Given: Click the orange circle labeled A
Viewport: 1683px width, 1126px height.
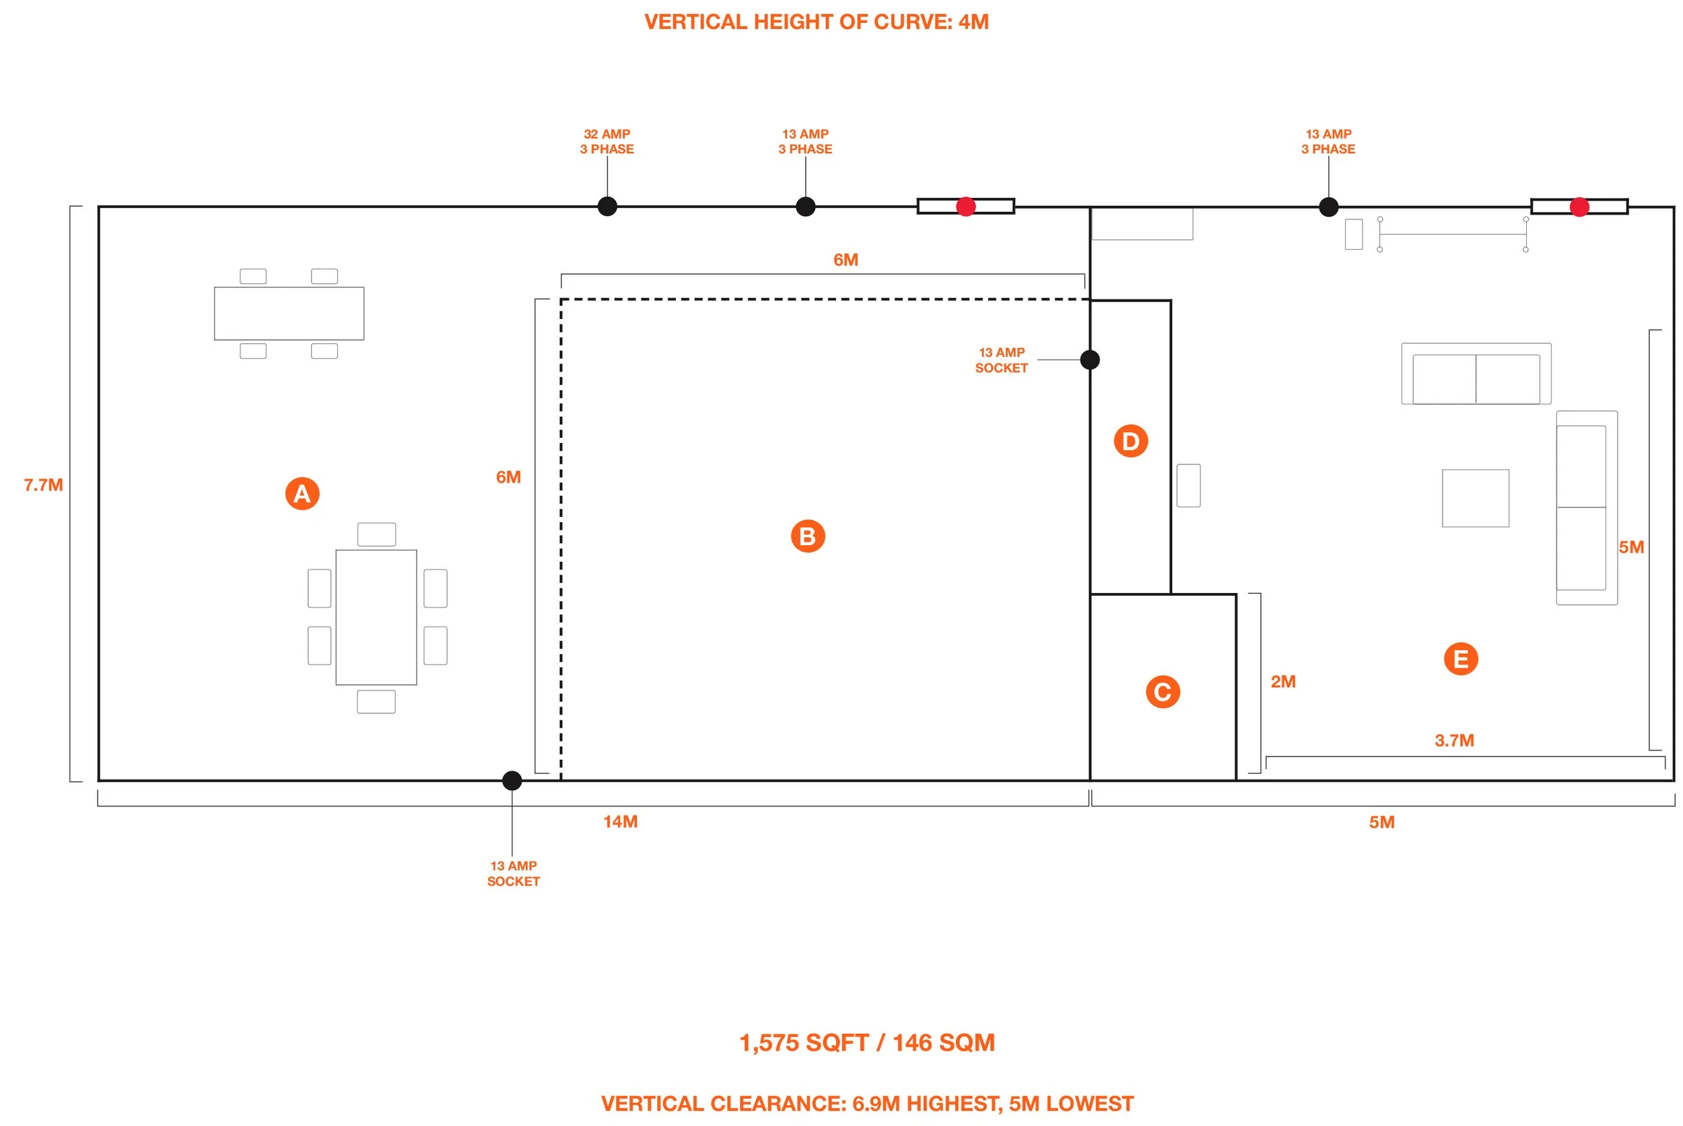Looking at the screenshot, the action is tap(302, 493).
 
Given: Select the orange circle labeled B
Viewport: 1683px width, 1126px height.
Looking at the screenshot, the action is tap(807, 536).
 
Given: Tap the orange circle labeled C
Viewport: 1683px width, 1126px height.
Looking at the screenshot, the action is tap(1162, 691).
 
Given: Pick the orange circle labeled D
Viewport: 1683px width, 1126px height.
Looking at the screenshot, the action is tap(1130, 441).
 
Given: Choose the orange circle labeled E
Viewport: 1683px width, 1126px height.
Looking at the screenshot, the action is tap(1460, 658).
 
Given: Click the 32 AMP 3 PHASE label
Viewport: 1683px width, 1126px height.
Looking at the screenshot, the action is tap(607, 141).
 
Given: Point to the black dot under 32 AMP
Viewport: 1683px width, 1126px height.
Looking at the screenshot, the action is tap(607, 206).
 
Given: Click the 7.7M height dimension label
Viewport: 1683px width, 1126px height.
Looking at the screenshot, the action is tap(43, 485).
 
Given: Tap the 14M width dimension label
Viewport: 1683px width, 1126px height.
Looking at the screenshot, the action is tap(620, 822).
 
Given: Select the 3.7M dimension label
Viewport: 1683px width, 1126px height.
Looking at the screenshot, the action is tap(1454, 740).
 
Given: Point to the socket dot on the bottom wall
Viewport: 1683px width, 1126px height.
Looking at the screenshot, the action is tap(512, 781).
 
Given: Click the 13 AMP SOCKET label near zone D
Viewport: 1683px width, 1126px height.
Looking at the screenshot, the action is tap(1001, 360).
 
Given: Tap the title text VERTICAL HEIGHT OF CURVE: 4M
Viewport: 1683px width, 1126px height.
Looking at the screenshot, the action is tap(816, 22).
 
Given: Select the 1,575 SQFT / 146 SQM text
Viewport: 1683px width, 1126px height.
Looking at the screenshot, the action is tap(866, 1042).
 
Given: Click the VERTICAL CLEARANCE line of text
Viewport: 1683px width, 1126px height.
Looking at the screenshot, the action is tap(866, 1103).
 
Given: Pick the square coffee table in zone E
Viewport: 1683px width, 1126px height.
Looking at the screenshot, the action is tap(1475, 497).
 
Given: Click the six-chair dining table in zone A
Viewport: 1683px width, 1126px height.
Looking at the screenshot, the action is tap(376, 618).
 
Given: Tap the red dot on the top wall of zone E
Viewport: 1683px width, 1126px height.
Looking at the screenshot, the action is tap(1579, 207).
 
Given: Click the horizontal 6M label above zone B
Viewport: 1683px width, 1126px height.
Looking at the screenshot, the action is tap(846, 260).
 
